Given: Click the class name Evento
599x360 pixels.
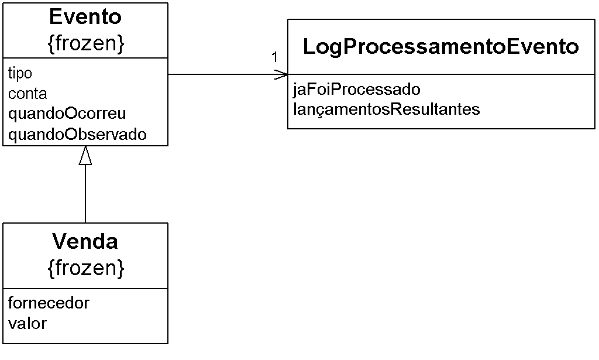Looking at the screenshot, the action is pyautogui.click(x=85, y=17).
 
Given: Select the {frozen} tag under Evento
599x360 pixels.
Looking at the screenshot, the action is pyautogui.click(x=86, y=43).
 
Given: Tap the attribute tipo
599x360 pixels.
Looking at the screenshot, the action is pyautogui.click(x=20, y=73).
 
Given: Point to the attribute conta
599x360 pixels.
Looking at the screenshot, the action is pyautogui.click(x=27, y=94).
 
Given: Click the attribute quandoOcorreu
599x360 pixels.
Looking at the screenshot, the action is pyautogui.click(x=67, y=114).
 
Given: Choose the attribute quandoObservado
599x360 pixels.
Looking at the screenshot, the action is pyautogui.click(x=77, y=135).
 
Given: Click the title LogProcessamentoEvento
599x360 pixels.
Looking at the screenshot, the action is pyautogui.click(x=441, y=47).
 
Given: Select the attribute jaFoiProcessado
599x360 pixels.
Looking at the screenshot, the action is pyautogui.click(x=356, y=90).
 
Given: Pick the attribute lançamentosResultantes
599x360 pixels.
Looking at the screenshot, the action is pyautogui.click(x=386, y=109).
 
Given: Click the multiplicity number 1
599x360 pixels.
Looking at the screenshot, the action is pyautogui.click(x=274, y=57).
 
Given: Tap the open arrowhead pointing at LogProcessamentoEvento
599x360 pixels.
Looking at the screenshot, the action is pyautogui.click(x=281, y=74).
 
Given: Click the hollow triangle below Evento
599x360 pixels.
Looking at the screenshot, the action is pyautogui.click(x=85, y=156).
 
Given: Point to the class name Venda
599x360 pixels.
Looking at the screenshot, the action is pyautogui.click(x=85, y=242).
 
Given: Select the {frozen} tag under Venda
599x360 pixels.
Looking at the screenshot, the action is pyautogui.click(x=86, y=268).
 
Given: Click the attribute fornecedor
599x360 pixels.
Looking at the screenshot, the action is pyautogui.click(x=49, y=303).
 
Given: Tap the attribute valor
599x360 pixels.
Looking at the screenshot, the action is pyautogui.click(x=27, y=324).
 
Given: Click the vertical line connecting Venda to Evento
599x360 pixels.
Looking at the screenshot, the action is pyautogui.click(x=85, y=194).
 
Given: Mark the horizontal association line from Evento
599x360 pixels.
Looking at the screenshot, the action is pyautogui.click(x=228, y=74).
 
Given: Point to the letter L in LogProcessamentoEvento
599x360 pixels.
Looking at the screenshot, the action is pyautogui.click(x=309, y=47).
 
